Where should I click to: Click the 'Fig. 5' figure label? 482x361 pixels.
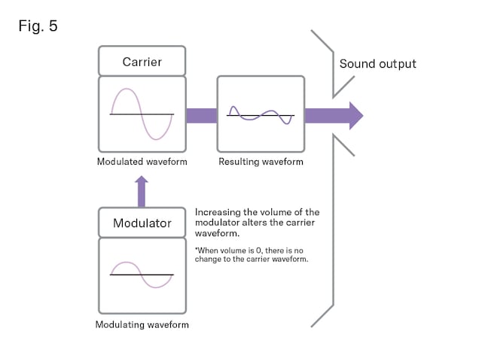coord(38,26)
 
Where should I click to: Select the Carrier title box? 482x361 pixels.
coord(142,61)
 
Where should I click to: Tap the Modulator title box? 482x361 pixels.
coord(142,223)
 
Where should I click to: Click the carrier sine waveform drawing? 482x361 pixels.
coord(142,114)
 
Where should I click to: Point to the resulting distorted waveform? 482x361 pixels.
coord(261,114)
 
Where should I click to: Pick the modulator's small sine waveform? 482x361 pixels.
coord(142,275)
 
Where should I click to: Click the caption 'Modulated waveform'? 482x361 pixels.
coord(142,162)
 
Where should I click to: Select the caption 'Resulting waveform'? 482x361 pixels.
coord(261,162)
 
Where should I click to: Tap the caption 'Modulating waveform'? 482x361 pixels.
coord(142,325)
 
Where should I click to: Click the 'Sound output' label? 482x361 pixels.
coord(377,63)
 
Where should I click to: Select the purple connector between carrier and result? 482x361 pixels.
coord(201,115)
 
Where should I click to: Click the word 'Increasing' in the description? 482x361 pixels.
coord(218,213)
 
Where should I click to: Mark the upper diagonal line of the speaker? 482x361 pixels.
coord(322,42)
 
